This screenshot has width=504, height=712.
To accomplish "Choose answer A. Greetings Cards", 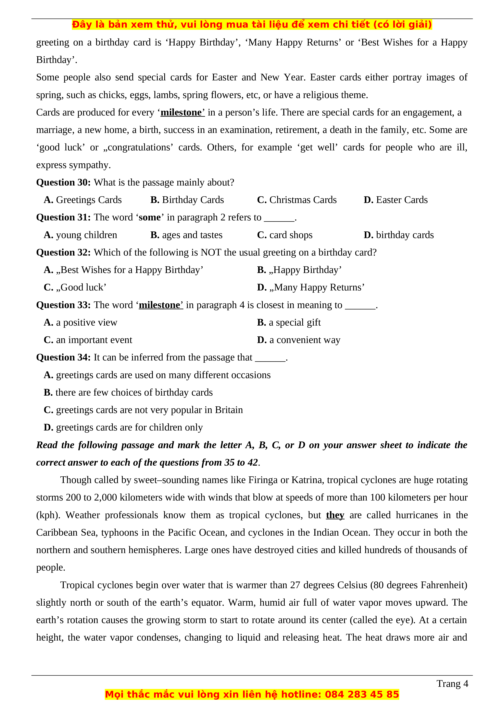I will pyautogui.click(x=83, y=200).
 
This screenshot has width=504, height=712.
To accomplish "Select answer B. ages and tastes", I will pyautogui.click(x=186, y=235).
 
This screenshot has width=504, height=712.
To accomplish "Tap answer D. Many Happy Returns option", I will pyautogui.click(x=311, y=287).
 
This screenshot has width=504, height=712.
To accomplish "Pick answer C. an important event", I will pyautogui.click(x=88, y=340).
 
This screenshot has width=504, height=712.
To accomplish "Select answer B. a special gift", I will pyautogui.click(x=289, y=323).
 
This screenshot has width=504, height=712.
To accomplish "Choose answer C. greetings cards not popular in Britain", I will pyautogui.click(x=143, y=410).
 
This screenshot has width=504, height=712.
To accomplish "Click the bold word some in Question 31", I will pyautogui.click(x=150, y=217).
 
